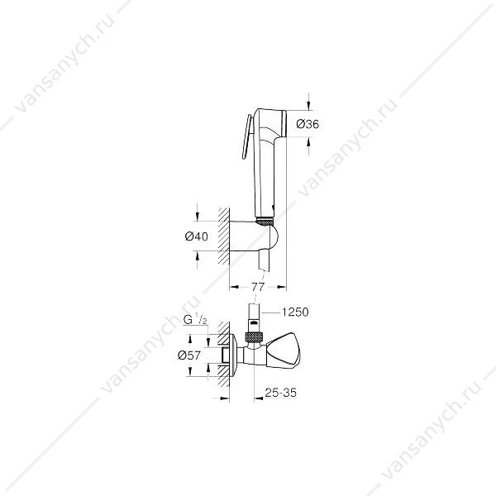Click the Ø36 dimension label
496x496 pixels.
click(308, 124)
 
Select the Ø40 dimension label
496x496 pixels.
click(197, 236)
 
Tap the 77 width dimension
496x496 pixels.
click(258, 287)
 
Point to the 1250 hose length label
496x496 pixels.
click(295, 312)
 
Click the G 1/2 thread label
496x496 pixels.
click(195, 320)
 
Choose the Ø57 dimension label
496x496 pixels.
click(189, 355)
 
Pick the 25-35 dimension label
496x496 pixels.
click(281, 393)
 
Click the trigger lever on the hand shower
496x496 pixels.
click(246, 136)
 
